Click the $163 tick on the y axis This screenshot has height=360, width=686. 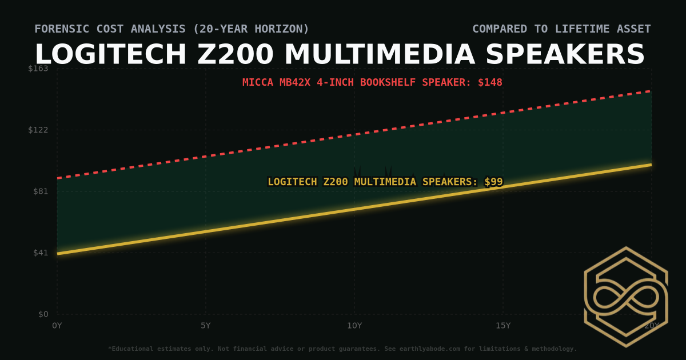pyautogui.click(x=39, y=69)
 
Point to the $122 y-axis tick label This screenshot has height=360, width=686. pyautogui.click(x=39, y=130)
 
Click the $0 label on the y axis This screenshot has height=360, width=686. pyautogui.click(x=43, y=314)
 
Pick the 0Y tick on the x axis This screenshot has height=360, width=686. pyautogui.click(x=57, y=326)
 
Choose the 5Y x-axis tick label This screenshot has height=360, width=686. pyautogui.click(x=206, y=326)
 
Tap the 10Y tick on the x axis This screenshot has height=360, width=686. pyautogui.click(x=354, y=326)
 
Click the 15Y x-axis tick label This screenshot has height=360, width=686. pyautogui.click(x=503, y=326)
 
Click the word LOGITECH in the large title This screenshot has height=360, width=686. pyautogui.click(x=111, y=55)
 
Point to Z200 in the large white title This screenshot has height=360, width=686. pyautogui.click(x=236, y=55)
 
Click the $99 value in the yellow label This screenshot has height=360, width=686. pyautogui.click(x=493, y=182)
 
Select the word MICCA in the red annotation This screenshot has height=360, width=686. pyautogui.click(x=258, y=82)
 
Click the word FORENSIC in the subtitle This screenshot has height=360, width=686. pyautogui.click(x=59, y=29)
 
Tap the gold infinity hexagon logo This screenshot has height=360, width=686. pyautogui.click(x=626, y=297)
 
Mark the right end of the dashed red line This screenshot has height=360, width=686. pyautogui.click(x=651, y=91)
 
